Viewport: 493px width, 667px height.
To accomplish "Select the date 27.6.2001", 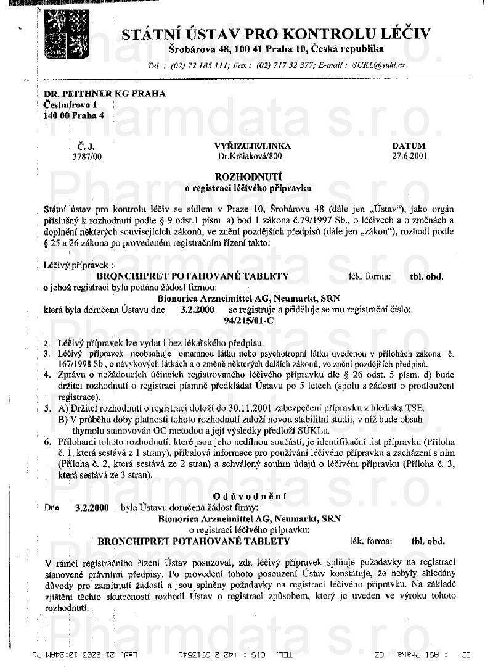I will coord(409,157).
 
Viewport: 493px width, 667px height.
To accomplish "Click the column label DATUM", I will coord(409,146).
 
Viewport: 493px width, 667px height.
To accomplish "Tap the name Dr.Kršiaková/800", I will coord(245,157).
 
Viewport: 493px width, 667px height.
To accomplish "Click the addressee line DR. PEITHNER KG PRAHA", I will coord(105,94).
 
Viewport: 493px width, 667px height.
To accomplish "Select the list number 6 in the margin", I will coord(46,442).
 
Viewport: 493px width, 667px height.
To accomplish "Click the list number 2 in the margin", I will coord(46,342).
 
